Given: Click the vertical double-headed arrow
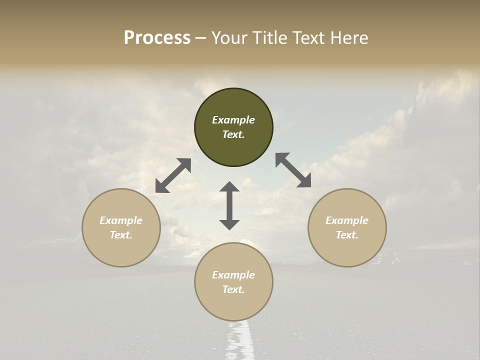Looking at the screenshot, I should (229, 205).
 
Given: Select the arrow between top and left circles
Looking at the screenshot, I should (173, 175).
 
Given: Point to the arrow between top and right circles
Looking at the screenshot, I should (293, 170).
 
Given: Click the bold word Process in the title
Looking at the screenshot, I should (157, 38).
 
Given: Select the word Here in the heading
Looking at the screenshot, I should (350, 38).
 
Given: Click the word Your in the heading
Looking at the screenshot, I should (228, 38).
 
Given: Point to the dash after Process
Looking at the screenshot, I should (200, 38).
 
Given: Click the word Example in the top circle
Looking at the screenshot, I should (233, 120).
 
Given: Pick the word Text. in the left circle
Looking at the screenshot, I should (121, 235).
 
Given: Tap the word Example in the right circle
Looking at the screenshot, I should (347, 220).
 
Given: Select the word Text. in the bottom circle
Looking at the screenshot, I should (233, 289).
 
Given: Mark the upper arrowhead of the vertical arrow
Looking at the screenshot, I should (229, 187).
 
